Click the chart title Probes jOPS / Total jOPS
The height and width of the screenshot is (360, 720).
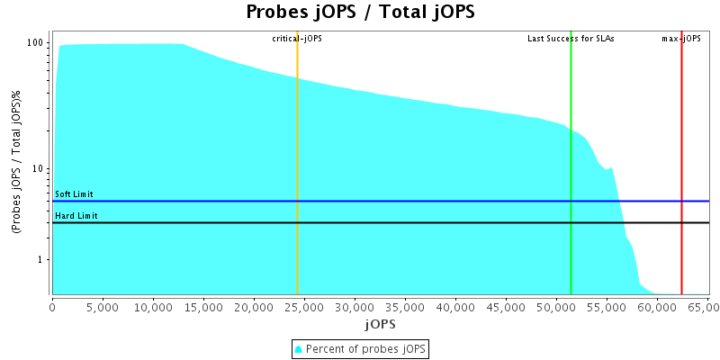(360, 13)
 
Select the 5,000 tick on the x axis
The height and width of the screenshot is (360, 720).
(103, 307)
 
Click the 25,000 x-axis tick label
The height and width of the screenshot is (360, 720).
(304, 307)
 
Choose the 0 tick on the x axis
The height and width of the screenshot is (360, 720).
(52, 307)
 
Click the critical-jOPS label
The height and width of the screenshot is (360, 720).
(297, 39)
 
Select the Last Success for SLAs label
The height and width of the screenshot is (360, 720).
(571, 39)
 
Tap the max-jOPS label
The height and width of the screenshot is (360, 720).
(681, 39)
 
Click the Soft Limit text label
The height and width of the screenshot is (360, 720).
(74, 194)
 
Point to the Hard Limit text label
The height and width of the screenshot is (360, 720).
(76, 216)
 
